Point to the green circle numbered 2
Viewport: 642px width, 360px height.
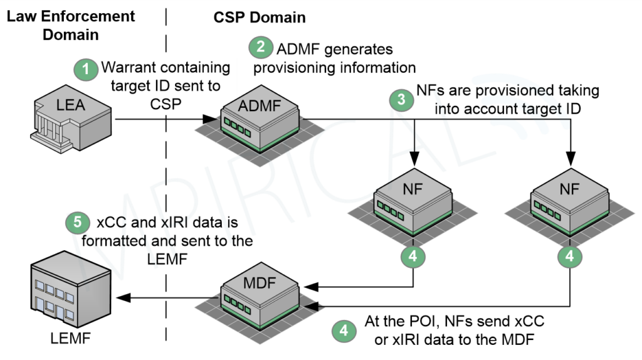(x=260, y=48)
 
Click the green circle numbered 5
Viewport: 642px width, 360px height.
(x=76, y=222)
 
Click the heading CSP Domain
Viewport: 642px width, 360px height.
(x=260, y=18)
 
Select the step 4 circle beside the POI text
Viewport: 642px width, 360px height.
(x=343, y=330)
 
